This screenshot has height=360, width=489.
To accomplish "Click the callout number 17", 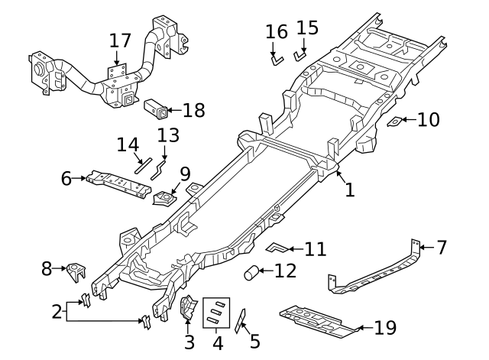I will pyautogui.click(x=120, y=40).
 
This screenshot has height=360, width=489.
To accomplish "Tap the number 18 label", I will pyautogui.click(x=193, y=111).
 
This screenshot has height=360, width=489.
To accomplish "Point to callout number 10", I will pyautogui.click(x=429, y=119).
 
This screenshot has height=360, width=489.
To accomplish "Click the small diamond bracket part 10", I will pyautogui.click(x=394, y=121).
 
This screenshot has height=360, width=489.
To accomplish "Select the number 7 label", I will pyautogui.click(x=442, y=247).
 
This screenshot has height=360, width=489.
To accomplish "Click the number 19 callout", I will pyautogui.click(x=385, y=329).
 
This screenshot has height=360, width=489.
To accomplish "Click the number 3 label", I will pyautogui.click(x=189, y=342).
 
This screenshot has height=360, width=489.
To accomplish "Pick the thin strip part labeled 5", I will pyautogui.click(x=241, y=322).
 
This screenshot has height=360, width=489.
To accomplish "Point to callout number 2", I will pyautogui.click(x=56, y=311).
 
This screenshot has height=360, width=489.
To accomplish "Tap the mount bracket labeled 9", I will pyautogui.click(x=165, y=198).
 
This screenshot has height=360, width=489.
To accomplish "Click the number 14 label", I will pyautogui.click(x=128, y=144).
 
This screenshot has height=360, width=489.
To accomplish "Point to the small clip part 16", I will pyautogui.click(x=275, y=57).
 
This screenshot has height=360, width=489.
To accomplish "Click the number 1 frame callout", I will pyautogui.click(x=349, y=189).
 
